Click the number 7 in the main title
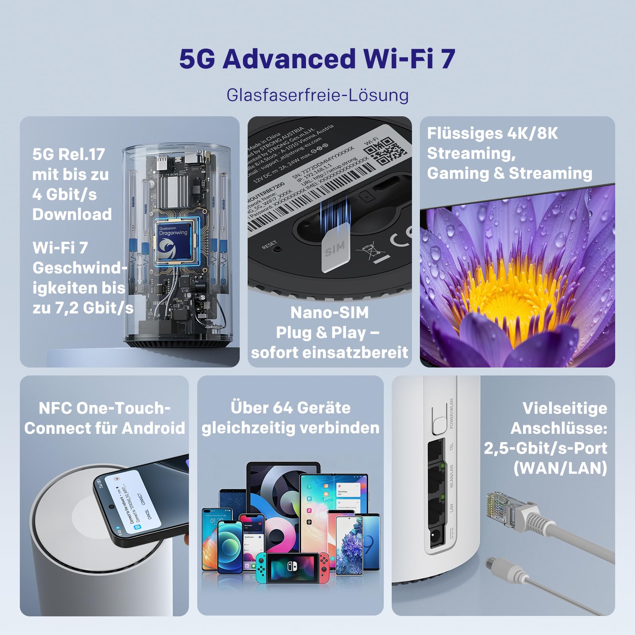tap(448, 59)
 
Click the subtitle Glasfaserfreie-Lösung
tap(317, 95)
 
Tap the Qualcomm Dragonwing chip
tap(173, 241)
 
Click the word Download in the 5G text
tap(72, 214)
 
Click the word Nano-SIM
tap(329, 312)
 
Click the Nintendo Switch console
tap(292, 568)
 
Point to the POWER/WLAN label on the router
tap(451, 414)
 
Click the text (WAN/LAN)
tap(560, 468)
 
